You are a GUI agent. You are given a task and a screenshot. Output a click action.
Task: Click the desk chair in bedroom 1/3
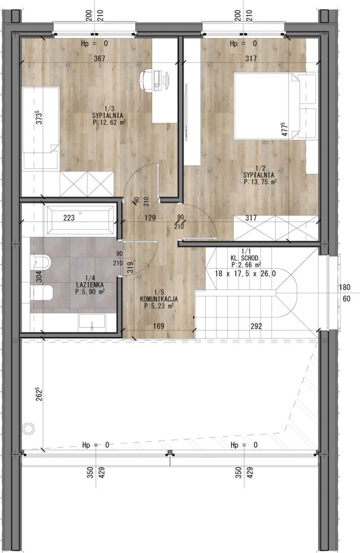(x=145, y=80)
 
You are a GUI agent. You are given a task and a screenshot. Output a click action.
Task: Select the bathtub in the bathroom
(x=79, y=220)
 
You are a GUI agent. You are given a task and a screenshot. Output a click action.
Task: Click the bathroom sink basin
(x=92, y=322)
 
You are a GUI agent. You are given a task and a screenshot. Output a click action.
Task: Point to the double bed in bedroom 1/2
(x=276, y=106)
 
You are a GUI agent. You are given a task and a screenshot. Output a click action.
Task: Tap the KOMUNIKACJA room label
(x=159, y=299)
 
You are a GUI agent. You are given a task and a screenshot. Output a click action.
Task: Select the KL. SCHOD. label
(x=246, y=258)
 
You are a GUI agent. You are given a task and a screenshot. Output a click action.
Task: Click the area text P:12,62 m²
(x=109, y=122)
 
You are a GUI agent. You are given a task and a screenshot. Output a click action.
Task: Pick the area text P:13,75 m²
(x=260, y=181)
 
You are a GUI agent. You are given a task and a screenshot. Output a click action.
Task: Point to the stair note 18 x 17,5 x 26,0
(x=246, y=273)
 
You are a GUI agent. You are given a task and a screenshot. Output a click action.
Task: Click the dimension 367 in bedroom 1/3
(x=99, y=58)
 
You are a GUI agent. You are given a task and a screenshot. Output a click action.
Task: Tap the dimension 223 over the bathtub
(x=69, y=218)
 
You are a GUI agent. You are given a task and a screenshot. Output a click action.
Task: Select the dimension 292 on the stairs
(x=256, y=326)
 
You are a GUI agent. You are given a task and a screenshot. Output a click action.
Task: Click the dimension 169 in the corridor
(x=159, y=326)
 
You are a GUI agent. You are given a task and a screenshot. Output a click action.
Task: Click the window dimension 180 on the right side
(x=344, y=287)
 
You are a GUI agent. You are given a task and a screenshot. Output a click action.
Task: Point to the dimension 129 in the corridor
(x=150, y=218)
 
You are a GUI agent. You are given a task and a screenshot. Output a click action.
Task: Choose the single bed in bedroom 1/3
(x=40, y=129)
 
